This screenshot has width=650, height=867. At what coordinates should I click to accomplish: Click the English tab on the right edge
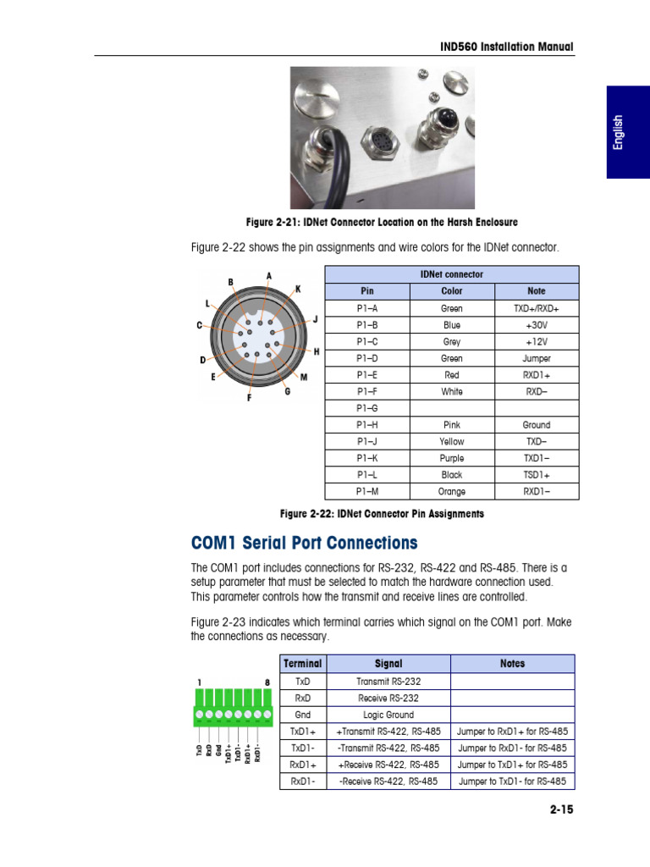pyautogui.click(x=620, y=132)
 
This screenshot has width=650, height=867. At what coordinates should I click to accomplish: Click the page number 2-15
pyautogui.click(x=561, y=809)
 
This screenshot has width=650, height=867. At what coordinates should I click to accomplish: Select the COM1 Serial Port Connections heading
pyautogui.click(x=304, y=543)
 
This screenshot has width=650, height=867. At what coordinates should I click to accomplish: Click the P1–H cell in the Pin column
pyautogui.click(x=367, y=425)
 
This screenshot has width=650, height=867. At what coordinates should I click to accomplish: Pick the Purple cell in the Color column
pyautogui.click(x=452, y=458)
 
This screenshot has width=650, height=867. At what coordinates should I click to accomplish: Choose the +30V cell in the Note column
pyautogui.click(x=536, y=325)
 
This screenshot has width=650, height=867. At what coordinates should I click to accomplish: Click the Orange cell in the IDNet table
pyautogui.click(x=452, y=491)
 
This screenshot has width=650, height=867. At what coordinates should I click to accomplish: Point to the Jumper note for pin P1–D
pyautogui.click(x=536, y=358)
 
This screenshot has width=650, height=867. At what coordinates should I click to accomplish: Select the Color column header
pyautogui.click(x=452, y=290)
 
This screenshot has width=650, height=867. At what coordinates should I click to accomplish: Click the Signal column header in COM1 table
pyautogui.click(x=388, y=664)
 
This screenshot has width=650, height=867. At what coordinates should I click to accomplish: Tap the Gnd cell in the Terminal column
pyautogui.click(x=303, y=715)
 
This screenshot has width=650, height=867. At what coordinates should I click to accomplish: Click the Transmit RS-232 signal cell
pyautogui.click(x=388, y=681)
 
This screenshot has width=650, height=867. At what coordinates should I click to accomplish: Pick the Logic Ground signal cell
pyautogui.click(x=388, y=715)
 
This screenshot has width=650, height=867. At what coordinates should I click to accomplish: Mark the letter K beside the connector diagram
pyautogui.click(x=298, y=289)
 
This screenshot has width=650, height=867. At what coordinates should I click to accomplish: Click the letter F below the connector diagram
pyautogui.click(x=249, y=398)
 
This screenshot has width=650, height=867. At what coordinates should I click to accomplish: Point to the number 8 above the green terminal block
pyautogui.click(x=267, y=682)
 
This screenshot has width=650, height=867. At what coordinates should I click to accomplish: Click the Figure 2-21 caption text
pyautogui.click(x=382, y=222)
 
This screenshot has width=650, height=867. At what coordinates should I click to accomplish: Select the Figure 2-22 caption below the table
pyautogui.click(x=382, y=514)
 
